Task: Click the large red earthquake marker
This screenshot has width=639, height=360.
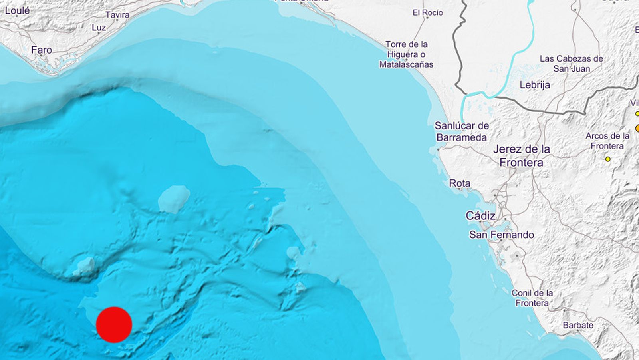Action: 114,325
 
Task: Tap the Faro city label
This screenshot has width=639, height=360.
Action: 42,50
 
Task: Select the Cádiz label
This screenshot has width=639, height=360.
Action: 480,216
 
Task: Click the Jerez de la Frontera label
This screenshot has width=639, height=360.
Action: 522,156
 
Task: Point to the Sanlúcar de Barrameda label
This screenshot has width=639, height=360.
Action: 462,131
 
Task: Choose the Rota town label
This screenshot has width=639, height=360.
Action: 460,183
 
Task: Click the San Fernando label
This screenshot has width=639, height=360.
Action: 501,235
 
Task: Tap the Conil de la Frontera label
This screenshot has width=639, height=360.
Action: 532,298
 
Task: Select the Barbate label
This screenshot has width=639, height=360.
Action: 578,325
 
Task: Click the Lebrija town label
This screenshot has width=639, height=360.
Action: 535,85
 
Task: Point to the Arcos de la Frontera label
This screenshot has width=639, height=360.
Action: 607,141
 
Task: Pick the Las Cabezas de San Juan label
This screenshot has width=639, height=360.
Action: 571,64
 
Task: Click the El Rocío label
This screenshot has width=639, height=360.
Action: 428,13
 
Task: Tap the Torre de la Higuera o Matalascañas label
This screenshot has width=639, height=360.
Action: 406,54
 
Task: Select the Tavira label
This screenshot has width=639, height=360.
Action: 117,15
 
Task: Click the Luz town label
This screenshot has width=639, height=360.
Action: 99,28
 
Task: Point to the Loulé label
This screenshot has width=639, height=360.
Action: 17,11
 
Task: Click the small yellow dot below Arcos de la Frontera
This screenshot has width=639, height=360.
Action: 608,159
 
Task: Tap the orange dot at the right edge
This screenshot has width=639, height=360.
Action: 637,128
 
